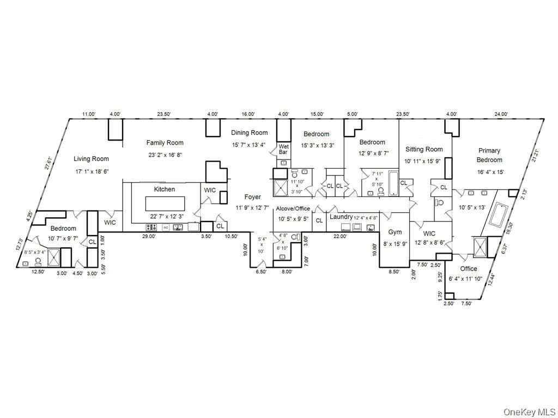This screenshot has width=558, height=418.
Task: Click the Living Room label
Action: pyautogui.click(x=92, y=159)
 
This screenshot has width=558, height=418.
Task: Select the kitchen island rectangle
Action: pyautogui.click(x=165, y=204)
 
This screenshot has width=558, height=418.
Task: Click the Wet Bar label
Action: pyautogui.click(x=283, y=149)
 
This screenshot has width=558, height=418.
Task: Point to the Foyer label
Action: pyautogui.click(x=252, y=197)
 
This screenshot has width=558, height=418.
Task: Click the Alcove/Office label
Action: pyautogui.click(x=293, y=208)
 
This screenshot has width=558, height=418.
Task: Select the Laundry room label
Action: pyautogui.click(x=341, y=217)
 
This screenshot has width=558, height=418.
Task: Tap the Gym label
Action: pyautogui.click(x=395, y=232)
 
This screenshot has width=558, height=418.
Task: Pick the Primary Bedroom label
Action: pyautogui.click(x=489, y=155)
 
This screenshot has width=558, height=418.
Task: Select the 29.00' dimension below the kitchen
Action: pyautogui.click(x=149, y=236)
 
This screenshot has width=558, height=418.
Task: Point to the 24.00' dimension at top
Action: pyautogui.click(x=501, y=114)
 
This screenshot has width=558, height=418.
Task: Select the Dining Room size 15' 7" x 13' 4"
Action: pyautogui.click(x=249, y=145)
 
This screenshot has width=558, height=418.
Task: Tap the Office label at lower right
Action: pyautogui.click(x=468, y=268)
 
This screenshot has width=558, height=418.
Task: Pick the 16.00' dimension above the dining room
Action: pyautogui.click(x=248, y=114)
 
